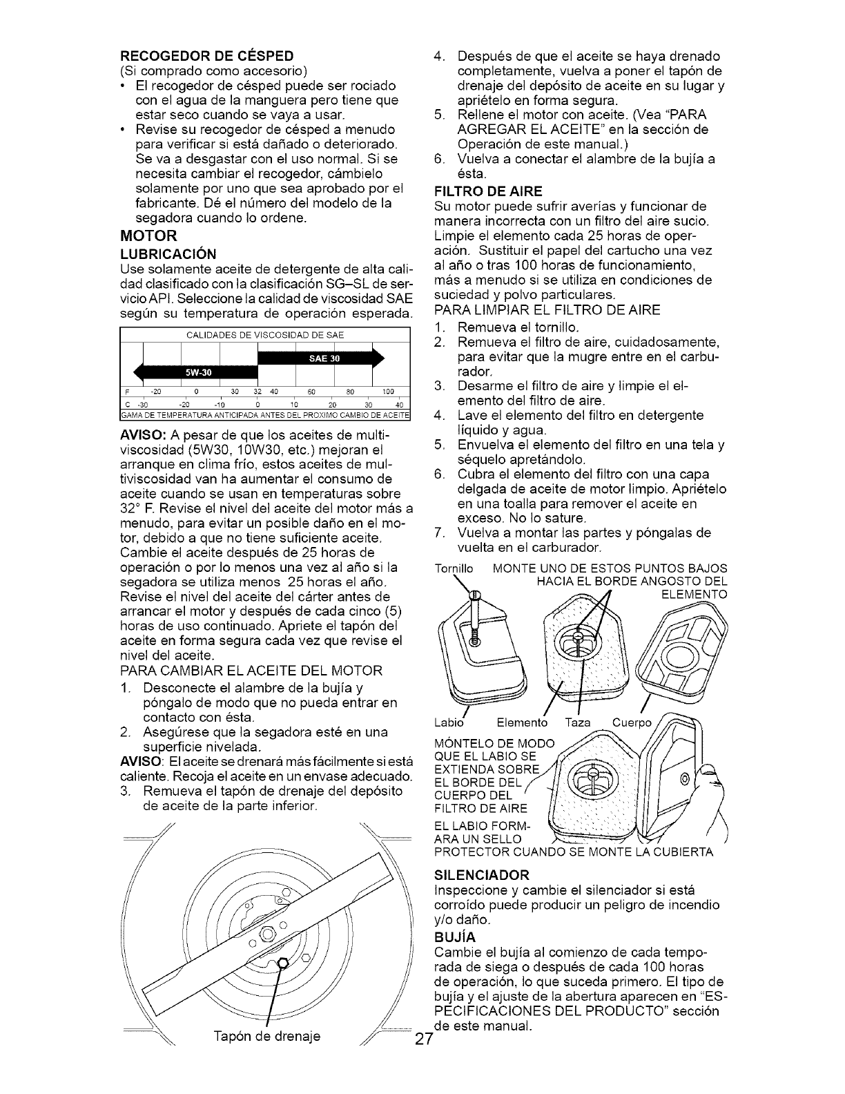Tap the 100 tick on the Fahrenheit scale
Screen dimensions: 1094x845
click(x=387, y=391)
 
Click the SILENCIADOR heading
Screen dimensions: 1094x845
click(x=482, y=874)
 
